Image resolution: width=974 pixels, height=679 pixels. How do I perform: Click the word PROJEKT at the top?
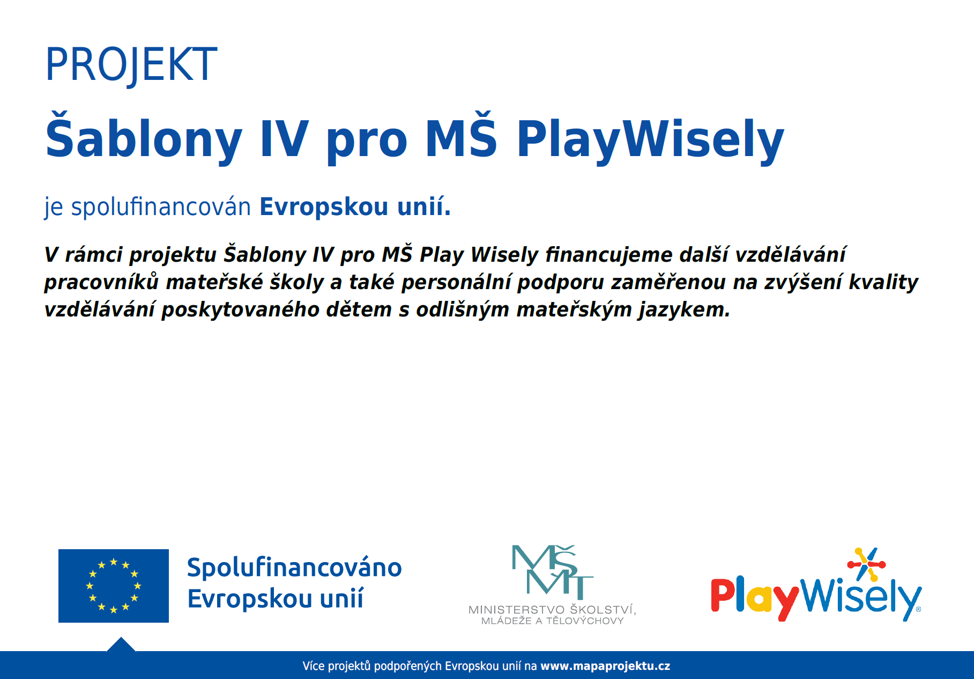tap(131, 65)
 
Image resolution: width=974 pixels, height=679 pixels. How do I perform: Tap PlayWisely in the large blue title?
tap(650, 139)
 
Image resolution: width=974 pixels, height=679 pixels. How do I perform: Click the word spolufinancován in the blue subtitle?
tap(161, 207)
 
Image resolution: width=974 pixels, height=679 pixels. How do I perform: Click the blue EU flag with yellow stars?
tap(114, 586)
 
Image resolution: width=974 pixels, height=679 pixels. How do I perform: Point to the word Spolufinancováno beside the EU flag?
tap(294, 567)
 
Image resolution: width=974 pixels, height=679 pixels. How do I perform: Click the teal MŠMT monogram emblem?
tap(552, 571)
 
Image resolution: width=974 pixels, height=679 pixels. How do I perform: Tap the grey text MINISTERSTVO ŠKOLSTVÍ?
tap(552, 609)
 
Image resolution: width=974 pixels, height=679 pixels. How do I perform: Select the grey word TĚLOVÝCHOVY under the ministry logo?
tap(585, 621)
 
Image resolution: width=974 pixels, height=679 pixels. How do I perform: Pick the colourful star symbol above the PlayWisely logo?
tap(866, 564)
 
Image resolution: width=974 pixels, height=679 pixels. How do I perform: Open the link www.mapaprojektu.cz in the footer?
tap(605, 666)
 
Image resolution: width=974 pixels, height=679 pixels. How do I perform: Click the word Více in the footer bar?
tap(314, 666)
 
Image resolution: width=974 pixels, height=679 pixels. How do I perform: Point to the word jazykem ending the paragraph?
tap(684, 310)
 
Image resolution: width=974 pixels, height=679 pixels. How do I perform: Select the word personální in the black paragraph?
tap(456, 282)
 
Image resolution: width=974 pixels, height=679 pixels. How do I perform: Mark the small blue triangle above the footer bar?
tap(121, 644)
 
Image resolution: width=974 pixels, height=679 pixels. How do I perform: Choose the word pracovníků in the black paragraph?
tap(102, 282)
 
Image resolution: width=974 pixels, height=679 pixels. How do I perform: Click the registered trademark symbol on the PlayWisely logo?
tap(918, 609)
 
